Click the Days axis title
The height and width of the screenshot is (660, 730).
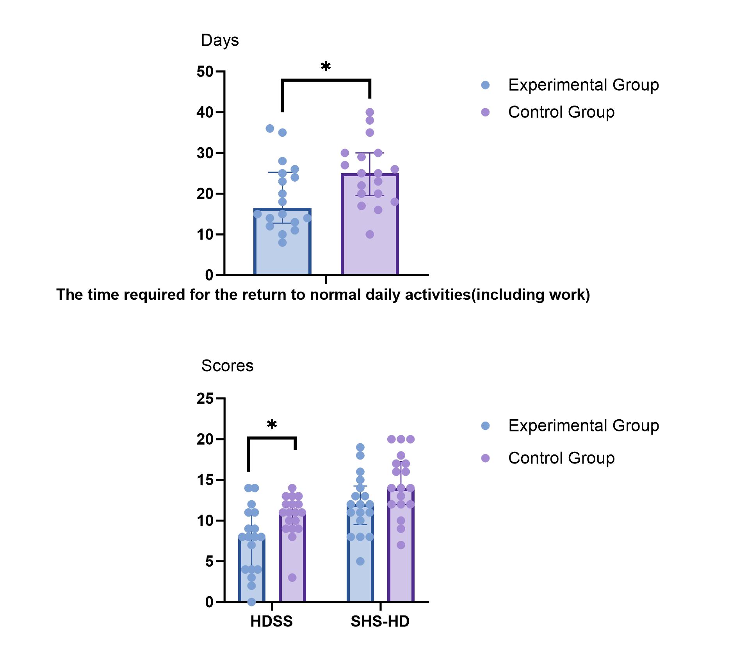(220, 40)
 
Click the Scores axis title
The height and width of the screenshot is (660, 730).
(227, 366)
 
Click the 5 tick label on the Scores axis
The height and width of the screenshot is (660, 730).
(209, 562)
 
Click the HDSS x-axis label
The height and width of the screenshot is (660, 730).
(271, 621)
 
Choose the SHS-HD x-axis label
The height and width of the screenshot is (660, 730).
(380, 621)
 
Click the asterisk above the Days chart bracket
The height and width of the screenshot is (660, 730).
(326, 66)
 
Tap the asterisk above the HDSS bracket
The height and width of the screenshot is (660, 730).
(272, 424)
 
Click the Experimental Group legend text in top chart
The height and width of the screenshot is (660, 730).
(583, 85)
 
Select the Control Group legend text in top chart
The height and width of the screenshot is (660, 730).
(561, 112)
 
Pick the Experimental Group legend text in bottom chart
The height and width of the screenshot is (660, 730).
(583, 426)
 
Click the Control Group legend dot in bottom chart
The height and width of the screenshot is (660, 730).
(485, 458)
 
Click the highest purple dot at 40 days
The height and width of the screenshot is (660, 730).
(370, 112)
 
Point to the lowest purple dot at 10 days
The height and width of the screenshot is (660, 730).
(370, 234)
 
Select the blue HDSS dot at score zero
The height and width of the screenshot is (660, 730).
(252, 602)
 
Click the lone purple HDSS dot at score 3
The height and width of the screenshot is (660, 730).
(292, 578)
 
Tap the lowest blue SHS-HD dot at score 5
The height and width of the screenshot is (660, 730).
(360, 562)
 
